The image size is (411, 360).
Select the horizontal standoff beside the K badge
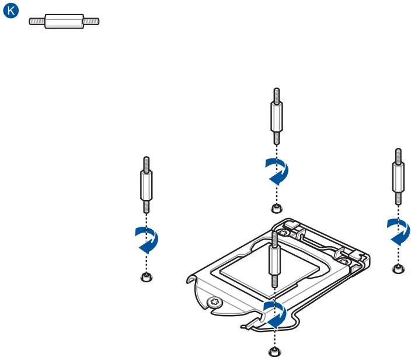pos(65,22)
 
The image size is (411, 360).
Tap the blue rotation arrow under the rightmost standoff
pos(398,231)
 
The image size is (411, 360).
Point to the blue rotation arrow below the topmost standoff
pos(276,170)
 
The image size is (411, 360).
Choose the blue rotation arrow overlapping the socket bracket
pos(274,315)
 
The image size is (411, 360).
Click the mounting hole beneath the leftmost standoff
pos(146,276)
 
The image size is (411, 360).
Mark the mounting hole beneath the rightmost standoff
pos(398,268)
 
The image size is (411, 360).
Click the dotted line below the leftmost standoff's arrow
pos(146,262)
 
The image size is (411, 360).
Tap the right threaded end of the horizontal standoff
pos(93,22)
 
